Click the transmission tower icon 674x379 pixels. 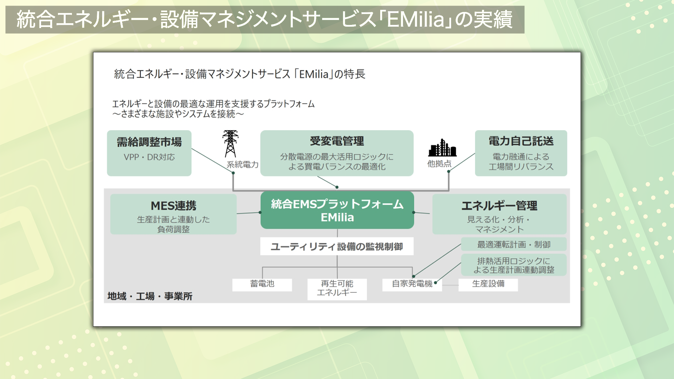pyautogui.click(x=230, y=144)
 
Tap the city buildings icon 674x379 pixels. pyautogui.click(x=442, y=148)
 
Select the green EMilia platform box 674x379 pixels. pyautogui.click(x=337, y=210)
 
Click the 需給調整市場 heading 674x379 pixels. pyautogui.click(x=149, y=142)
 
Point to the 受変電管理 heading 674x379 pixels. pyautogui.click(x=337, y=141)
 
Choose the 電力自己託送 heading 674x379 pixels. pyautogui.click(x=521, y=141)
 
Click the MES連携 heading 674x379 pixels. pyautogui.click(x=173, y=206)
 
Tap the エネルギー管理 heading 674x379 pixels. pyautogui.click(x=499, y=206)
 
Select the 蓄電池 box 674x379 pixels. pyautogui.click(x=262, y=284)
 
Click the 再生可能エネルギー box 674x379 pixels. pyautogui.click(x=337, y=288)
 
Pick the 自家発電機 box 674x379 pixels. pyautogui.click(x=412, y=284)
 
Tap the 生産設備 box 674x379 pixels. pyautogui.click(x=488, y=284)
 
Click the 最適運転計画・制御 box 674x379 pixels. pyautogui.click(x=514, y=245)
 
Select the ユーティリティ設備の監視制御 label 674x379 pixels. pyautogui.click(x=337, y=247)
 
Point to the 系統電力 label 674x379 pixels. pyautogui.click(x=242, y=165)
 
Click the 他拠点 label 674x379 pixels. pyautogui.click(x=439, y=164)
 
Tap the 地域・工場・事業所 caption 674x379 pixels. pyautogui.click(x=150, y=297)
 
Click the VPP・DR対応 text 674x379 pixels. pyautogui.click(x=149, y=157)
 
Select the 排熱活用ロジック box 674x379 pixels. pyautogui.click(x=514, y=265)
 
